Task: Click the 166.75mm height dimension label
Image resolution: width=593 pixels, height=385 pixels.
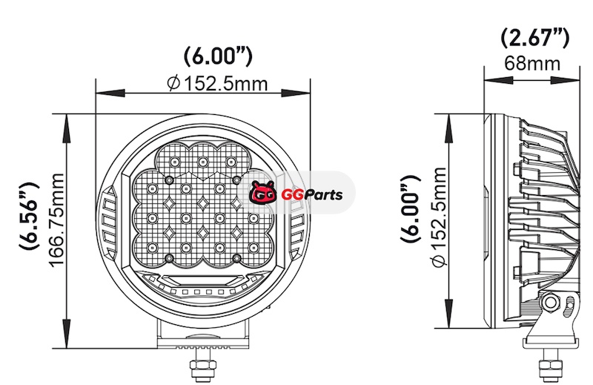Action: tap(57, 220)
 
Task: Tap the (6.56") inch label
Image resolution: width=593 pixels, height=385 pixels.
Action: tap(30, 216)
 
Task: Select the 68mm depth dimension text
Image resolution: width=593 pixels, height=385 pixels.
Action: tap(532, 63)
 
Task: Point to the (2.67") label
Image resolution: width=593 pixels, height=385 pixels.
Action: tap(534, 39)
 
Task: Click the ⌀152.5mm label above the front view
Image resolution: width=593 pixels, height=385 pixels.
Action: tap(217, 83)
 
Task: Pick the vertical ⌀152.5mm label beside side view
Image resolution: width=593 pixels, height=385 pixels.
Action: tap(440, 217)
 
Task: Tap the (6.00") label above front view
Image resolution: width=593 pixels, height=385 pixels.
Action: tap(218, 57)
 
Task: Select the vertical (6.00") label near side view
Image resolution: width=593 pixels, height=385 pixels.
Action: tap(411, 209)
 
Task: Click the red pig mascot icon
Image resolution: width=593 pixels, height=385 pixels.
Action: tap(262, 192)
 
